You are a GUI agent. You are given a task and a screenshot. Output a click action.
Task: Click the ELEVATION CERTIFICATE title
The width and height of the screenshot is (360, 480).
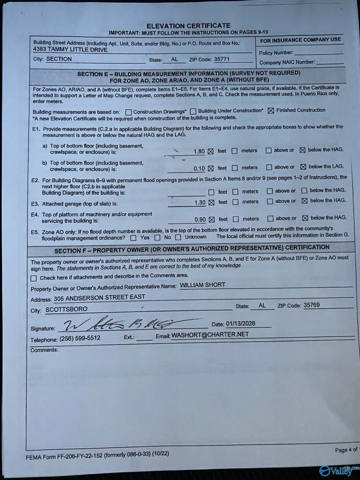click(189, 26)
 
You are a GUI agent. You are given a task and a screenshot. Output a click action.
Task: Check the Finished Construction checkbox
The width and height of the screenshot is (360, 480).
click(271, 111)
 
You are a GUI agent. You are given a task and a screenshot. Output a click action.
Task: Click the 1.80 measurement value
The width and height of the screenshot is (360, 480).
click(199, 151)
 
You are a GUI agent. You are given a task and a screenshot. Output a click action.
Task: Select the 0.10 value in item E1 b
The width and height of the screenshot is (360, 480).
click(199, 168)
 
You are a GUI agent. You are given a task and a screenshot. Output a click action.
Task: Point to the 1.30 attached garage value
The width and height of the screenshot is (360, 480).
click(199, 202)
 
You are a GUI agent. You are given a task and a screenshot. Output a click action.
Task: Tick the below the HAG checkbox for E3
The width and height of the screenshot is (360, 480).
click(305, 201)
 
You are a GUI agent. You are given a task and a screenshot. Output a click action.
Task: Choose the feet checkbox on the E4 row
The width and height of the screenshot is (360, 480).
click(212, 219)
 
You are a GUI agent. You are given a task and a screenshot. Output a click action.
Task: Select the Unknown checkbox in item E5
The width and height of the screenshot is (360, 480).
click(178, 237)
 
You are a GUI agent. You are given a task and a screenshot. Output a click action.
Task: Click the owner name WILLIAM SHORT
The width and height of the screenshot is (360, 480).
click(202, 285)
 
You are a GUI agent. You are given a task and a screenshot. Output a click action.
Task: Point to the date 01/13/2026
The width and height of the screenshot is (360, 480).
click(241, 324)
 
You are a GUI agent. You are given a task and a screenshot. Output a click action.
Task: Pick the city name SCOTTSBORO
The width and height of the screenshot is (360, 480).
click(66, 309)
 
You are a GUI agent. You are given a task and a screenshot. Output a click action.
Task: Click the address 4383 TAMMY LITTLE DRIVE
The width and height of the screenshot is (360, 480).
click(70, 50)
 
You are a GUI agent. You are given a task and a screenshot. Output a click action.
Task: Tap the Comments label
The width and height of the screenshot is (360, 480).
click(44, 350)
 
